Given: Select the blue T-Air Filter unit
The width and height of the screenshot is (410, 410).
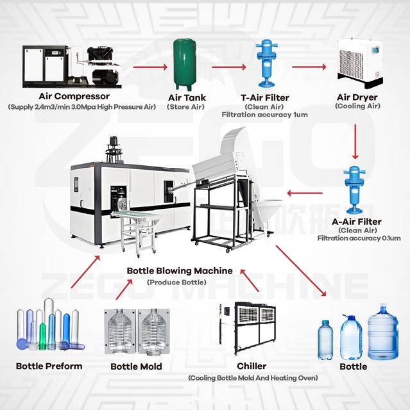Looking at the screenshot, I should click(264, 65).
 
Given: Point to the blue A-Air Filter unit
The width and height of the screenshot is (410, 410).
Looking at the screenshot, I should click(354, 190).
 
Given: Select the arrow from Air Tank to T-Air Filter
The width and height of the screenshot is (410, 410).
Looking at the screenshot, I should click(228, 66).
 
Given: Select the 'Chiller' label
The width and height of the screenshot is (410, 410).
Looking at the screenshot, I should click(251, 366).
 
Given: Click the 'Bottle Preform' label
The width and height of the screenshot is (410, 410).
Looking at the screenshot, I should click(49, 366).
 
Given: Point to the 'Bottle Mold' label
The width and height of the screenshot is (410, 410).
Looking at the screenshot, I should click(136, 366).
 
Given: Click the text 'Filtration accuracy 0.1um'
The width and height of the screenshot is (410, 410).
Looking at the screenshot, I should click(359, 238).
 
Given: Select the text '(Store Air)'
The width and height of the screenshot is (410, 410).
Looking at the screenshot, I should click(186, 107).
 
